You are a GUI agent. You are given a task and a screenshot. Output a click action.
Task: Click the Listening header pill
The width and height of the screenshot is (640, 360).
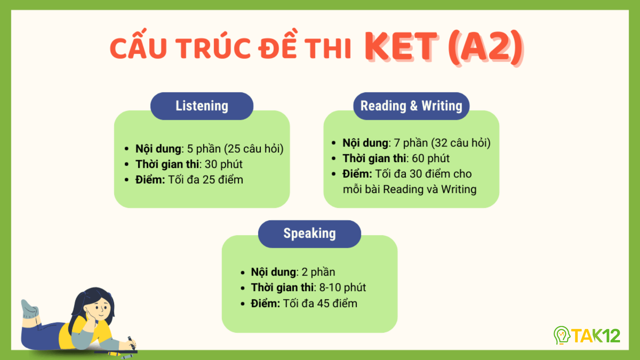coord(202,106)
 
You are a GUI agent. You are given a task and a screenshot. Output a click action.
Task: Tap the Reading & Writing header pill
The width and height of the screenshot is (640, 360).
coord(411,106)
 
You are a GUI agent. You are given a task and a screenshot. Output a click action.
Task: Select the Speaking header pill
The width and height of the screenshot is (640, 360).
coord(309,233)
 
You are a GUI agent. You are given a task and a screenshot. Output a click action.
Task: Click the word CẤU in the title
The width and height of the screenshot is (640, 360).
coord(138,48)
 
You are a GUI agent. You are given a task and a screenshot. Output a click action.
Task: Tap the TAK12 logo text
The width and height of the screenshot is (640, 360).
coord(596,336)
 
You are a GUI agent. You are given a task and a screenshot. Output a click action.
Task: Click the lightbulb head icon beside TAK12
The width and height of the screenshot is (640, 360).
coord(562,335)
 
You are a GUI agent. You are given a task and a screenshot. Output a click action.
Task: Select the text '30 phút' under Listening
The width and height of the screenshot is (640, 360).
coord(223,164)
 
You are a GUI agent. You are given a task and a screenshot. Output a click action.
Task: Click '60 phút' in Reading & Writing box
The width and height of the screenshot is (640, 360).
coord(430,158)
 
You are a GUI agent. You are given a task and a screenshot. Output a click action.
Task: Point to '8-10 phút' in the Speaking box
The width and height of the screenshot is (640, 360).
coord(342,287)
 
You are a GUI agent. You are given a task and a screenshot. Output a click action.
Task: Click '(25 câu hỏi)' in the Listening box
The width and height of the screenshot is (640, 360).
coord(255,149)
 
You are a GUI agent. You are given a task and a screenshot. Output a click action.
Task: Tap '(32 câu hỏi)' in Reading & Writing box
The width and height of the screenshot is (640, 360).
coord(460,143)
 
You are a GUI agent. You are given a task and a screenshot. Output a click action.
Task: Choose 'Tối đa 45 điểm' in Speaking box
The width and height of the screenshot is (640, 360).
coord(320,303)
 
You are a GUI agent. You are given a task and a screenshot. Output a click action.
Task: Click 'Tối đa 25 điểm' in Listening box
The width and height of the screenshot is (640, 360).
coord(205,180)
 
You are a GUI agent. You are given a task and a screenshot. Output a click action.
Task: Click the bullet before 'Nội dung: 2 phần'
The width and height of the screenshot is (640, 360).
coord(243,272)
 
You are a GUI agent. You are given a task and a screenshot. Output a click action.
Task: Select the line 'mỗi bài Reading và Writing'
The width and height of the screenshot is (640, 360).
coord(410,189)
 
